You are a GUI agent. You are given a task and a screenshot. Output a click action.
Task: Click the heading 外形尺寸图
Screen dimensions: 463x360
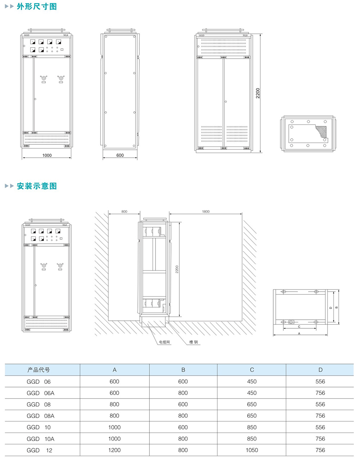[37, 6]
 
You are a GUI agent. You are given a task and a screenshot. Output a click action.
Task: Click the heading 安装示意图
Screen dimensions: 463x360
[37, 186]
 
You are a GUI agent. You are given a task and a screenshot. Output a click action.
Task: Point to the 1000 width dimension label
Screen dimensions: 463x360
[47, 156]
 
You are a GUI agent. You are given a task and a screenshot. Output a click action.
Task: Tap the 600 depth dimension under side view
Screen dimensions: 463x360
[120, 156]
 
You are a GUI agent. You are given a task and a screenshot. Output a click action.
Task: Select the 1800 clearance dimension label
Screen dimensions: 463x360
[206, 212]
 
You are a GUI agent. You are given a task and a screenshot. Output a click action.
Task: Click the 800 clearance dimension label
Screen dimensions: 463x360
[124, 212]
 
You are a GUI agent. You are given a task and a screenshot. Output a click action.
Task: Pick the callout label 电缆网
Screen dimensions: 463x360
[164, 342]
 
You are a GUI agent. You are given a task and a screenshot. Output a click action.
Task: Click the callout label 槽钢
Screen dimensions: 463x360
[194, 342]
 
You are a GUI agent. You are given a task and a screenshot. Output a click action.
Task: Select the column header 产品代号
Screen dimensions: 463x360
[39, 370]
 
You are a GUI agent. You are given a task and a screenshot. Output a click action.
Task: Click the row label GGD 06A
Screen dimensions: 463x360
[40, 393]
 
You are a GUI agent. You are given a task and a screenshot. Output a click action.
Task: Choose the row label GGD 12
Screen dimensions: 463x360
[39, 450]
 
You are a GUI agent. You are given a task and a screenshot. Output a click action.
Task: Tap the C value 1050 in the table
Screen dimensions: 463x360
[252, 450]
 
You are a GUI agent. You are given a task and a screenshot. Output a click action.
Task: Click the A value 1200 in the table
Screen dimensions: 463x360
[114, 450]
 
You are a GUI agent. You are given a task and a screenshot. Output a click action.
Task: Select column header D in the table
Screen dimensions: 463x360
[320, 370]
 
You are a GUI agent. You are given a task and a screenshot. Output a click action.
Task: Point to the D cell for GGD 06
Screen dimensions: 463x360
[320, 382]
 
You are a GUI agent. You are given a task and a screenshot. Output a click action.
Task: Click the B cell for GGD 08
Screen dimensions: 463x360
[183, 404]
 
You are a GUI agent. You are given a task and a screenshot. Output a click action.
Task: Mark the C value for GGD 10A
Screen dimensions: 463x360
[252, 439]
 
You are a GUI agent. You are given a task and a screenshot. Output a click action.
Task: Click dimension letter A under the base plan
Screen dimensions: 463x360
[299, 334]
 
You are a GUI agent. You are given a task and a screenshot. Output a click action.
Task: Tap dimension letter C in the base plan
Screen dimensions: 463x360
[299, 327]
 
